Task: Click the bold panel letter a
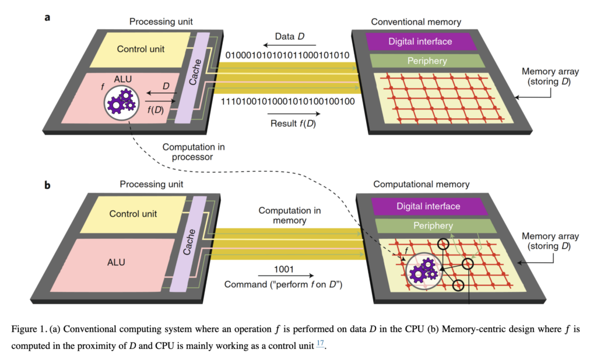point(48,17)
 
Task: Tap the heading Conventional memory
point(416,22)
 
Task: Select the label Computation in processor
point(194,153)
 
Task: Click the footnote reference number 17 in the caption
point(320,344)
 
